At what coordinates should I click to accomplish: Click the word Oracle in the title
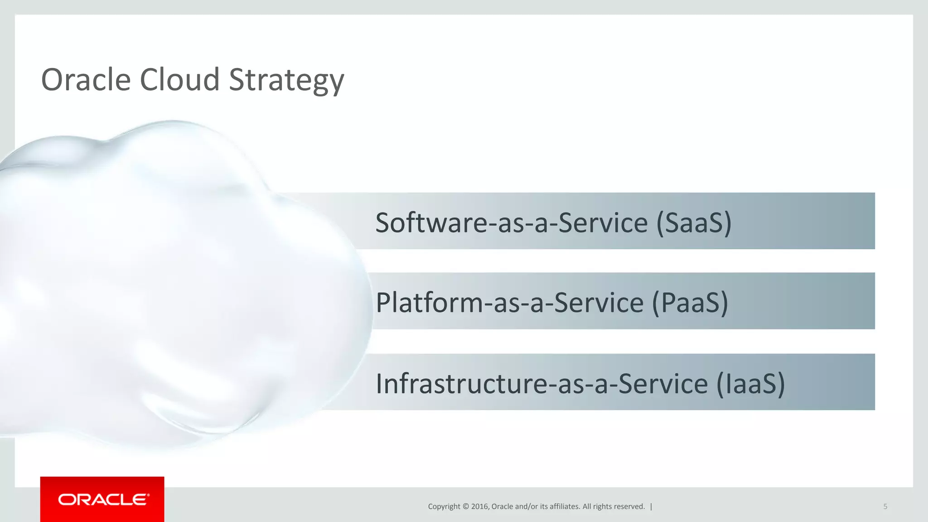[86, 80]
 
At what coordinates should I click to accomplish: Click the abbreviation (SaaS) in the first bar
[694, 222]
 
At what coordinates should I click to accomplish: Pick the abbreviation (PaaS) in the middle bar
[690, 303]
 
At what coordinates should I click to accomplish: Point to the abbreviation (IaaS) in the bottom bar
[750, 383]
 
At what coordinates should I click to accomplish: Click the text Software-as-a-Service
[512, 222]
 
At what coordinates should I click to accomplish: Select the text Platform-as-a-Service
[509, 303]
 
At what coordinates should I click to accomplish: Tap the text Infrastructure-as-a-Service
[541, 383]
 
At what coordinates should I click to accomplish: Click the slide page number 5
[885, 507]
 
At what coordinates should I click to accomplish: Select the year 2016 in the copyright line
[479, 507]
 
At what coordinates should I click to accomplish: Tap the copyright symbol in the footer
[465, 507]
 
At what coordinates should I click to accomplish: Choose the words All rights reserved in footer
[614, 507]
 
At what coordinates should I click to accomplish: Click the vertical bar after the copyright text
[651, 507]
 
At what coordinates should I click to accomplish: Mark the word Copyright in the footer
[444, 507]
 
